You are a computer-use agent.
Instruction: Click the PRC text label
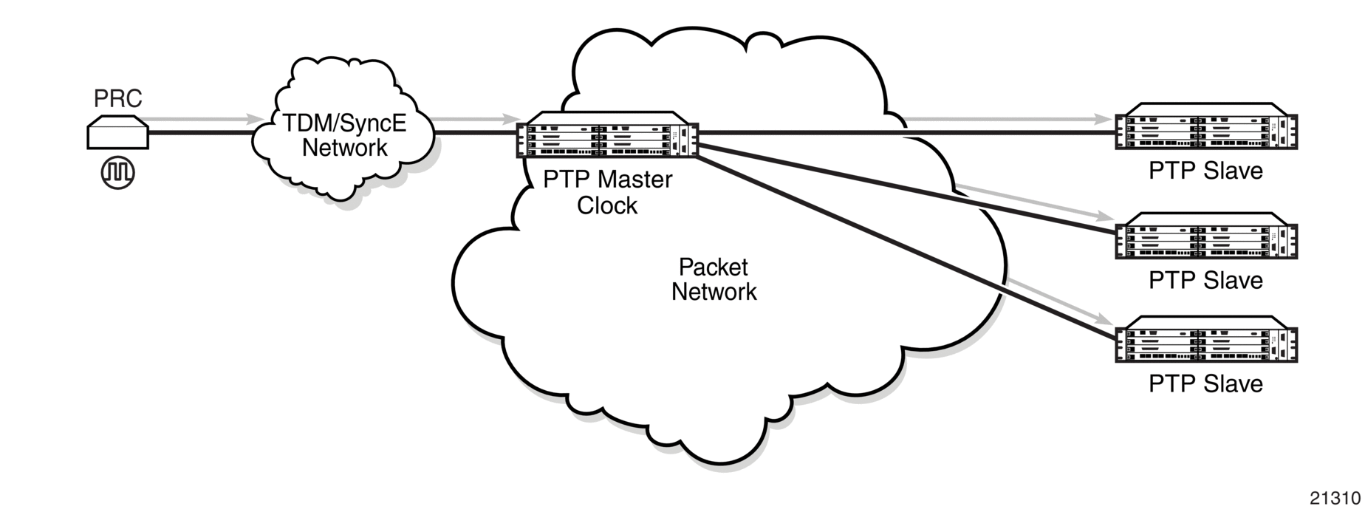point(117,98)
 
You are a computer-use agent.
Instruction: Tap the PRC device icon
point(118,132)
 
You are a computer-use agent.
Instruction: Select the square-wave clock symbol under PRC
point(118,172)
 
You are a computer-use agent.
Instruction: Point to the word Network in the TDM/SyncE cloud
point(344,148)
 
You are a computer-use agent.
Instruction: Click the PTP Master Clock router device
point(606,134)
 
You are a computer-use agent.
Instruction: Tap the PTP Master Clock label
point(607,192)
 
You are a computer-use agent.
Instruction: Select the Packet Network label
point(714,279)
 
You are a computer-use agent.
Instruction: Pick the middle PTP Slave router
point(1205,236)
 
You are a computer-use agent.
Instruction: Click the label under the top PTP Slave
point(1205,171)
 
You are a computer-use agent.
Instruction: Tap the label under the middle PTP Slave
point(1205,280)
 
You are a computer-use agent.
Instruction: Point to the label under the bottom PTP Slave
point(1205,383)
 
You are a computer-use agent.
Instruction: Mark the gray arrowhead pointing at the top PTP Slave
point(1106,118)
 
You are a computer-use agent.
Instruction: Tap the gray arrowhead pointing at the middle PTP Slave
point(1106,216)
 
